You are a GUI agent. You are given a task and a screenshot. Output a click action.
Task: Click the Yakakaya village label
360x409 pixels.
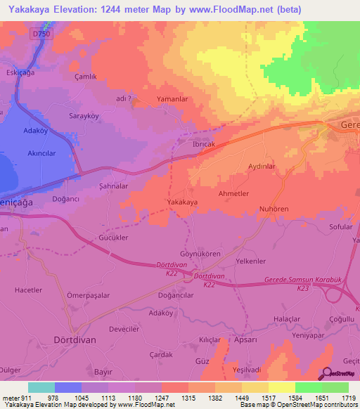coord(181,202)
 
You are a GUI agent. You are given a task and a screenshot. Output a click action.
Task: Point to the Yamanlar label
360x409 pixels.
coord(173,100)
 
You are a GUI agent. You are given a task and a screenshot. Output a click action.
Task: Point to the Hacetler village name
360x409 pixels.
coord(29,290)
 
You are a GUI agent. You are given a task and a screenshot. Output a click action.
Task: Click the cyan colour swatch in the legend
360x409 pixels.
coord(41,387)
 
